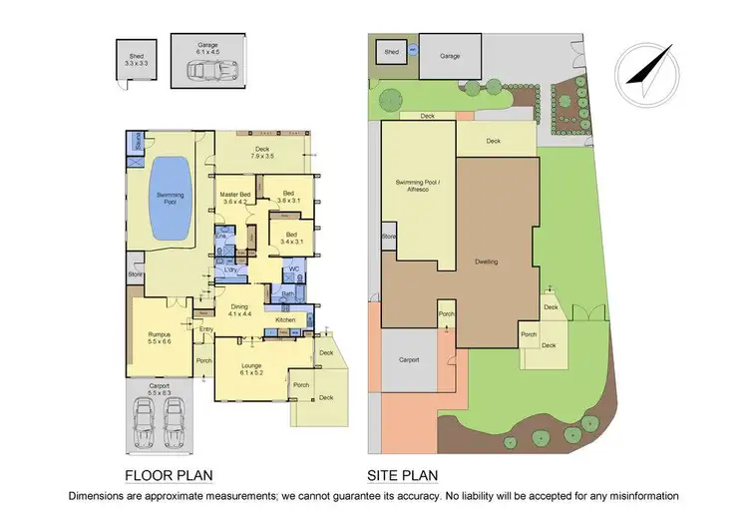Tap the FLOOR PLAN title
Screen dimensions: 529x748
(169, 474)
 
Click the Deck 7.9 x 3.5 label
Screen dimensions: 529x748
(264, 153)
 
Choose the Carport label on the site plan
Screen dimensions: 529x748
(409, 360)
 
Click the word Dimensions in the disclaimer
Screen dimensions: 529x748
(101, 495)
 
